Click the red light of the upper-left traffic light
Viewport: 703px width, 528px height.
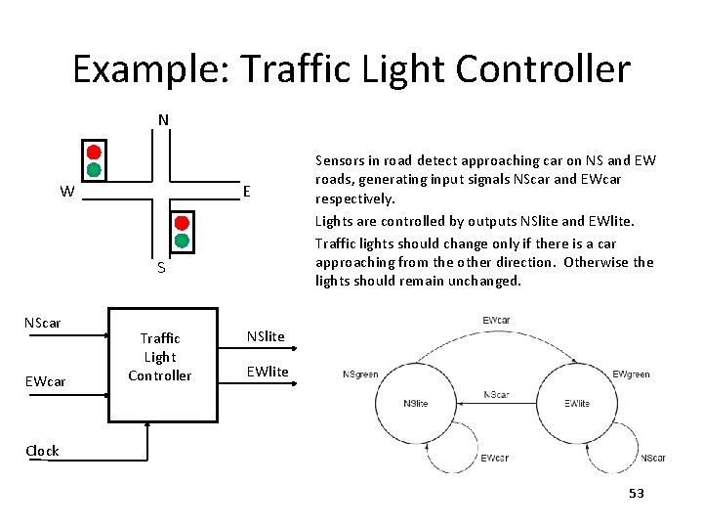94,153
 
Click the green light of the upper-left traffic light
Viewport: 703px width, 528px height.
94,170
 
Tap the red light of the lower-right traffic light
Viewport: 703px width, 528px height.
182,222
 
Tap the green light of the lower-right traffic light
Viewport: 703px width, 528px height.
182,240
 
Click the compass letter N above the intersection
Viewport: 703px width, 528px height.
163,120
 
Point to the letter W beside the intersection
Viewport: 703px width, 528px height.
65,192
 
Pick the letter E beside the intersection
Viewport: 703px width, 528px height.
247,191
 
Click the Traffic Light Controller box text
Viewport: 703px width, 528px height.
160,357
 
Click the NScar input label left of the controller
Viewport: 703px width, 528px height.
42,322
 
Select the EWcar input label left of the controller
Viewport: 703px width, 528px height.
45,381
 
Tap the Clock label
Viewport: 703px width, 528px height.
42,451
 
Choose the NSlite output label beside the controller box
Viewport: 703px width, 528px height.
266,336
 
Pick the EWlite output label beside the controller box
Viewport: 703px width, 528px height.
268,372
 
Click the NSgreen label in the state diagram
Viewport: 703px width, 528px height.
360,374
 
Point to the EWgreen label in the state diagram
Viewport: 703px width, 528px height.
631,374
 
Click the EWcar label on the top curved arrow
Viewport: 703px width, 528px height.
496,321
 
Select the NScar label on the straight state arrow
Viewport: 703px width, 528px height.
496,395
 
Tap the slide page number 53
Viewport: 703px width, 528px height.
637,494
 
